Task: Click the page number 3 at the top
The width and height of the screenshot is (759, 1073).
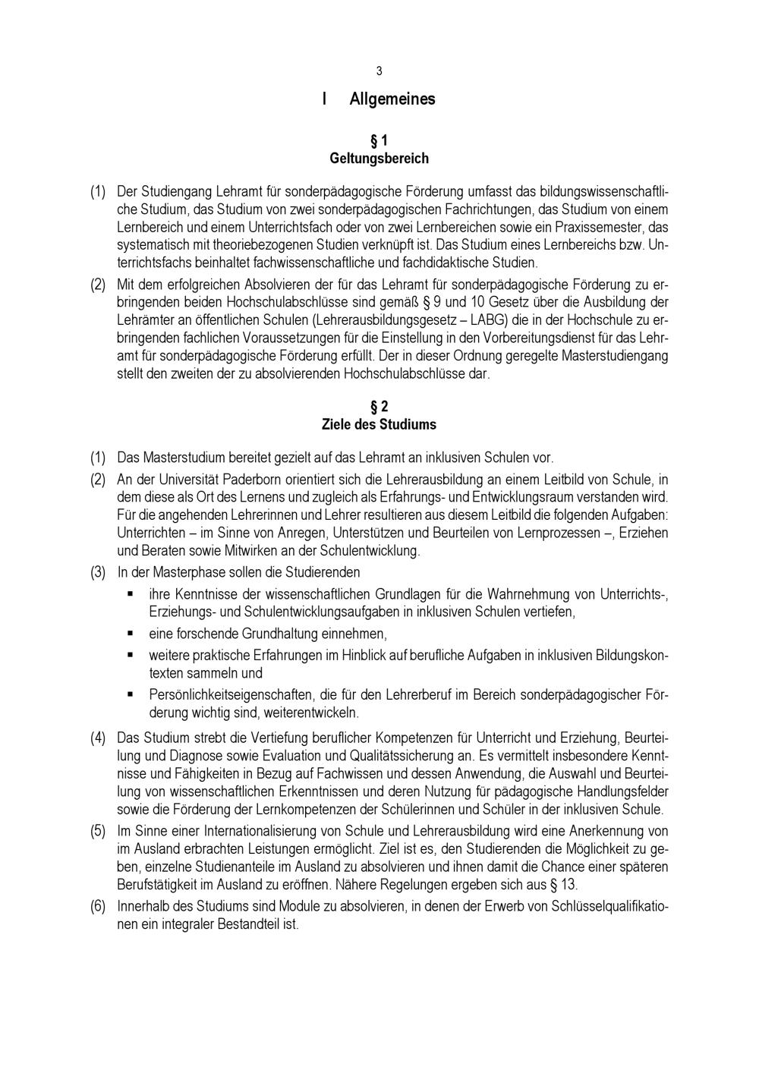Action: [x=379, y=71]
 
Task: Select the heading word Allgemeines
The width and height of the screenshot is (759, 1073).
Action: [x=392, y=99]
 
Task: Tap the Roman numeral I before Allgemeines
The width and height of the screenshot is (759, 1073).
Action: [x=325, y=99]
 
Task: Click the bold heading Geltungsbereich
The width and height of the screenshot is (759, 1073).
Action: [x=379, y=159]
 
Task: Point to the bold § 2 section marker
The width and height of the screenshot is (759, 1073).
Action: [x=379, y=406]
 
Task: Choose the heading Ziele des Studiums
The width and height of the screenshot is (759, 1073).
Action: [x=379, y=424]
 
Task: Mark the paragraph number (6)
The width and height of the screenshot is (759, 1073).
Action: [x=98, y=907]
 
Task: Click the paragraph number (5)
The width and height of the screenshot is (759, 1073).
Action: [x=98, y=831]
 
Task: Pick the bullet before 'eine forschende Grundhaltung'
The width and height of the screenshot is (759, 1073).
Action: [x=131, y=633]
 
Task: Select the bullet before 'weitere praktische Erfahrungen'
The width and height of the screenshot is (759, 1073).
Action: [x=131, y=654]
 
